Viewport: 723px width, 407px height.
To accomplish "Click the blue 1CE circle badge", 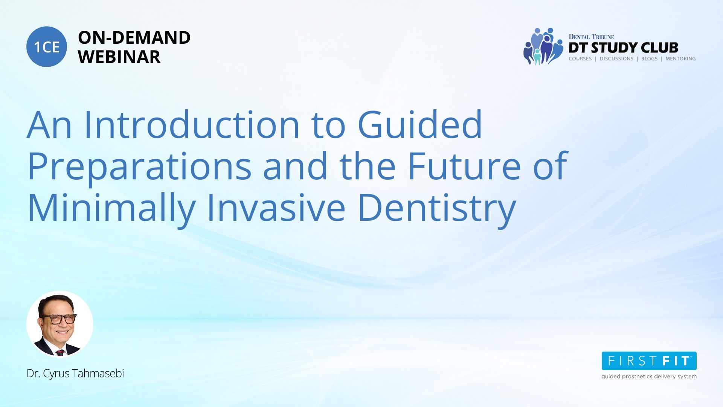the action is click(x=47, y=47).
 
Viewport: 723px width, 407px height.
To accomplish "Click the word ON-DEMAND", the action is click(x=134, y=38).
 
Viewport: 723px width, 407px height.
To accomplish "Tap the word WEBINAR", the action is click(x=119, y=57).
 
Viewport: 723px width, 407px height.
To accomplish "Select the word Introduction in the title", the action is click(x=192, y=124).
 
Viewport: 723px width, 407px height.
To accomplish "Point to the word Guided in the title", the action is click(x=419, y=124).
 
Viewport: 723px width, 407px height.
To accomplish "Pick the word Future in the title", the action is click(x=464, y=166).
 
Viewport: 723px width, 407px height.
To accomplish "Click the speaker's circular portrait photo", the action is click(x=60, y=324).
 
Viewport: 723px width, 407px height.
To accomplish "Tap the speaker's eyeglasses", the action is click(x=59, y=319).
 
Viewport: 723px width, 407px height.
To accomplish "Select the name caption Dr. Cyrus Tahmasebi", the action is click(x=75, y=373).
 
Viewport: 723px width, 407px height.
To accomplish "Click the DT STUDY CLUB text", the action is click(x=623, y=47).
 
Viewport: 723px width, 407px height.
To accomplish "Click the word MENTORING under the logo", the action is click(x=680, y=59).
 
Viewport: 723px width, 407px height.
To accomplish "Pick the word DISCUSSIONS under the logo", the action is click(x=616, y=59).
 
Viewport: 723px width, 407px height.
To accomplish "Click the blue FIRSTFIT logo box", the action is click(x=649, y=361).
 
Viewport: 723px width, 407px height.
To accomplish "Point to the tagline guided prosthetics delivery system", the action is click(x=649, y=376).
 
